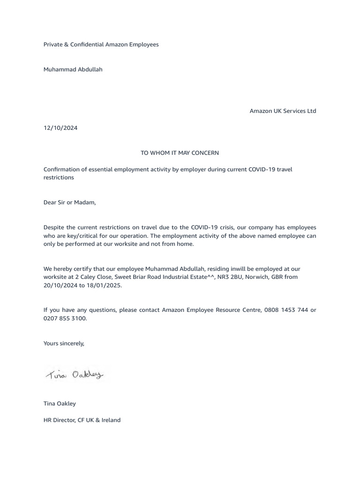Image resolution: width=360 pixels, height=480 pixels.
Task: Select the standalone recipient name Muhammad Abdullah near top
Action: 73,69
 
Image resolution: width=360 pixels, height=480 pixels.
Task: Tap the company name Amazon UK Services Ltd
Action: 283,111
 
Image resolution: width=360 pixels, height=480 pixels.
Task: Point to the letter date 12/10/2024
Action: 60,128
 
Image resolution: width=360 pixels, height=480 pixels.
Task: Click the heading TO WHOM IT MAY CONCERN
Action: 180,153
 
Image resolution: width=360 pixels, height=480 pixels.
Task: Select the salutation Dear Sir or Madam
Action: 69,202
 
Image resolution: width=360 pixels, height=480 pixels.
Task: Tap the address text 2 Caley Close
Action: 93,277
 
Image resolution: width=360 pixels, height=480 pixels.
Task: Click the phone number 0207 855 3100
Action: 65,318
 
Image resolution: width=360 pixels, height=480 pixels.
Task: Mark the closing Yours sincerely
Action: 64,343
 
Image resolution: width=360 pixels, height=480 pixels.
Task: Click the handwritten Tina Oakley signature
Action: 75,374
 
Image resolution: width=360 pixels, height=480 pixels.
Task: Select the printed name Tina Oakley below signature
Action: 60,404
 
